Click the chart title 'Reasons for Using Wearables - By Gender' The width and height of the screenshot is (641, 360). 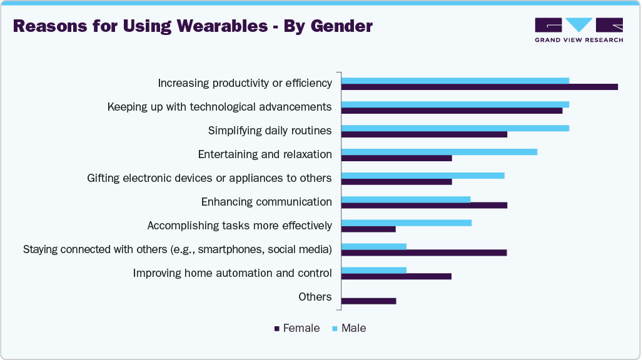pyautogui.click(x=193, y=26)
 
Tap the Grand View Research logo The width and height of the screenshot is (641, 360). pyautogui.click(x=578, y=30)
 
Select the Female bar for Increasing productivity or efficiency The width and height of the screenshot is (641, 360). pyautogui.click(x=479, y=87)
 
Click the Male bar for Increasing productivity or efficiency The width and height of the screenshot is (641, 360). pyautogui.click(x=455, y=81)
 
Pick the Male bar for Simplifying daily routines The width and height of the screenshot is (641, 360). pyautogui.click(x=455, y=128)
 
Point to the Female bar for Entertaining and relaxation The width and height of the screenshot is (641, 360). pyautogui.click(x=396, y=158)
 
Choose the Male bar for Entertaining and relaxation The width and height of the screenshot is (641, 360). pyautogui.click(x=438, y=152)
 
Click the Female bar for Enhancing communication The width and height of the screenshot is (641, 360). pyautogui.click(x=424, y=205)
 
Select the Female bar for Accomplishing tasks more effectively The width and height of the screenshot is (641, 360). pyautogui.click(x=368, y=229)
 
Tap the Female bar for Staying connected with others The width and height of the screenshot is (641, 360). pyautogui.click(x=423, y=252)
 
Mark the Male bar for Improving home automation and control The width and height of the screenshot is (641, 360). pyautogui.click(x=373, y=270)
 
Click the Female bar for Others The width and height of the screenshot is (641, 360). pyautogui.click(x=368, y=301)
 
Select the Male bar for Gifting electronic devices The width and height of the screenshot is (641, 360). pyautogui.click(x=422, y=175)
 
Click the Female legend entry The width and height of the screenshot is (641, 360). pyautogui.click(x=297, y=328)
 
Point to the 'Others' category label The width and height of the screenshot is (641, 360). pyautogui.click(x=315, y=297)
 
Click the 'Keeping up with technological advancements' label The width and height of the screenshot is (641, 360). pyautogui.click(x=219, y=107)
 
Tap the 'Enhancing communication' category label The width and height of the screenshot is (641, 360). pyautogui.click(x=266, y=202)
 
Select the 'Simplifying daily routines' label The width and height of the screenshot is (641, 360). pyautogui.click(x=270, y=131)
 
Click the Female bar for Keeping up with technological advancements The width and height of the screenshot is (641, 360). pyautogui.click(x=452, y=111)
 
